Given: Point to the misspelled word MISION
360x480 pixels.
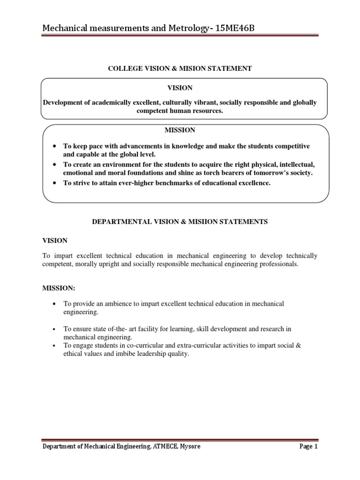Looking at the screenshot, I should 193,68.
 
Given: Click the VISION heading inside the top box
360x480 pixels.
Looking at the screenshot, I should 180,88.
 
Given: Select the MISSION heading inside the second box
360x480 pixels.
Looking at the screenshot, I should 180,130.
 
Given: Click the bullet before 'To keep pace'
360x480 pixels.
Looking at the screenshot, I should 55,147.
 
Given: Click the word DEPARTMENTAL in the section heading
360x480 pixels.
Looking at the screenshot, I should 119,222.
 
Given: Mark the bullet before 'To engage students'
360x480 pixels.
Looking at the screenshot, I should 55,345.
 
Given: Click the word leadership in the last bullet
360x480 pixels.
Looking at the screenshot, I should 146,354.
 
